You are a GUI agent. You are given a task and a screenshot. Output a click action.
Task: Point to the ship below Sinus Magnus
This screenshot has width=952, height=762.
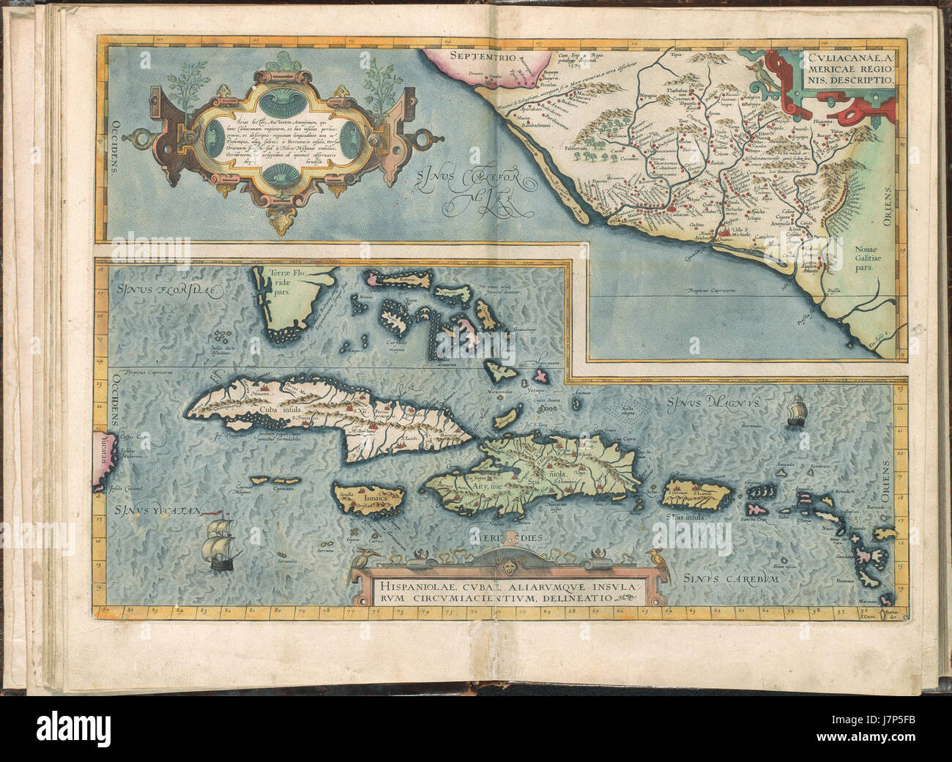click(x=795, y=411)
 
